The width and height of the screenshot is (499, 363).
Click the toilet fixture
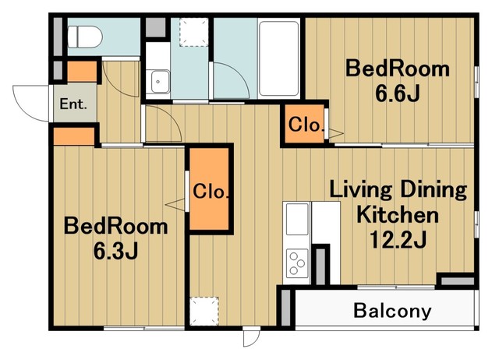[x=85, y=37]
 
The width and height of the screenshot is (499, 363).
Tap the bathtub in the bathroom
[x=279, y=58]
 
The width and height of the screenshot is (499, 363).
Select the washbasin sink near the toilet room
[x=160, y=82]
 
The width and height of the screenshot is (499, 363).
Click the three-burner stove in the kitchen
[x=297, y=263]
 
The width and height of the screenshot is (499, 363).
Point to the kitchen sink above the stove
[x=297, y=219]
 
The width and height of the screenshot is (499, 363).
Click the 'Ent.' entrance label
[x=73, y=104]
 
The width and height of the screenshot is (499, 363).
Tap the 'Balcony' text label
[x=392, y=310]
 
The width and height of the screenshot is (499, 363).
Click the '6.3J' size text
[x=115, y=251]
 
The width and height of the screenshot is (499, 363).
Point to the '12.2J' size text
[x=398, y=239]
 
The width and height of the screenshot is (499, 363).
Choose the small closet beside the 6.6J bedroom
[x=304, y=124]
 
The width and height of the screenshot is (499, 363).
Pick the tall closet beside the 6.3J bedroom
[x=210, y=189]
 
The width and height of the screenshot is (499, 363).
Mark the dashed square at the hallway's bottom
[x=204, y=311]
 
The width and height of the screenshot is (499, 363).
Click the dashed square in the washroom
[x=194, y=33]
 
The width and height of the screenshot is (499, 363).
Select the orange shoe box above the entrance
[x=82, y=72]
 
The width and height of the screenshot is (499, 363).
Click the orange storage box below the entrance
[x=74, y=136]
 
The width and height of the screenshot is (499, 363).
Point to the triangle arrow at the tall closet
[x=175, y=204]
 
